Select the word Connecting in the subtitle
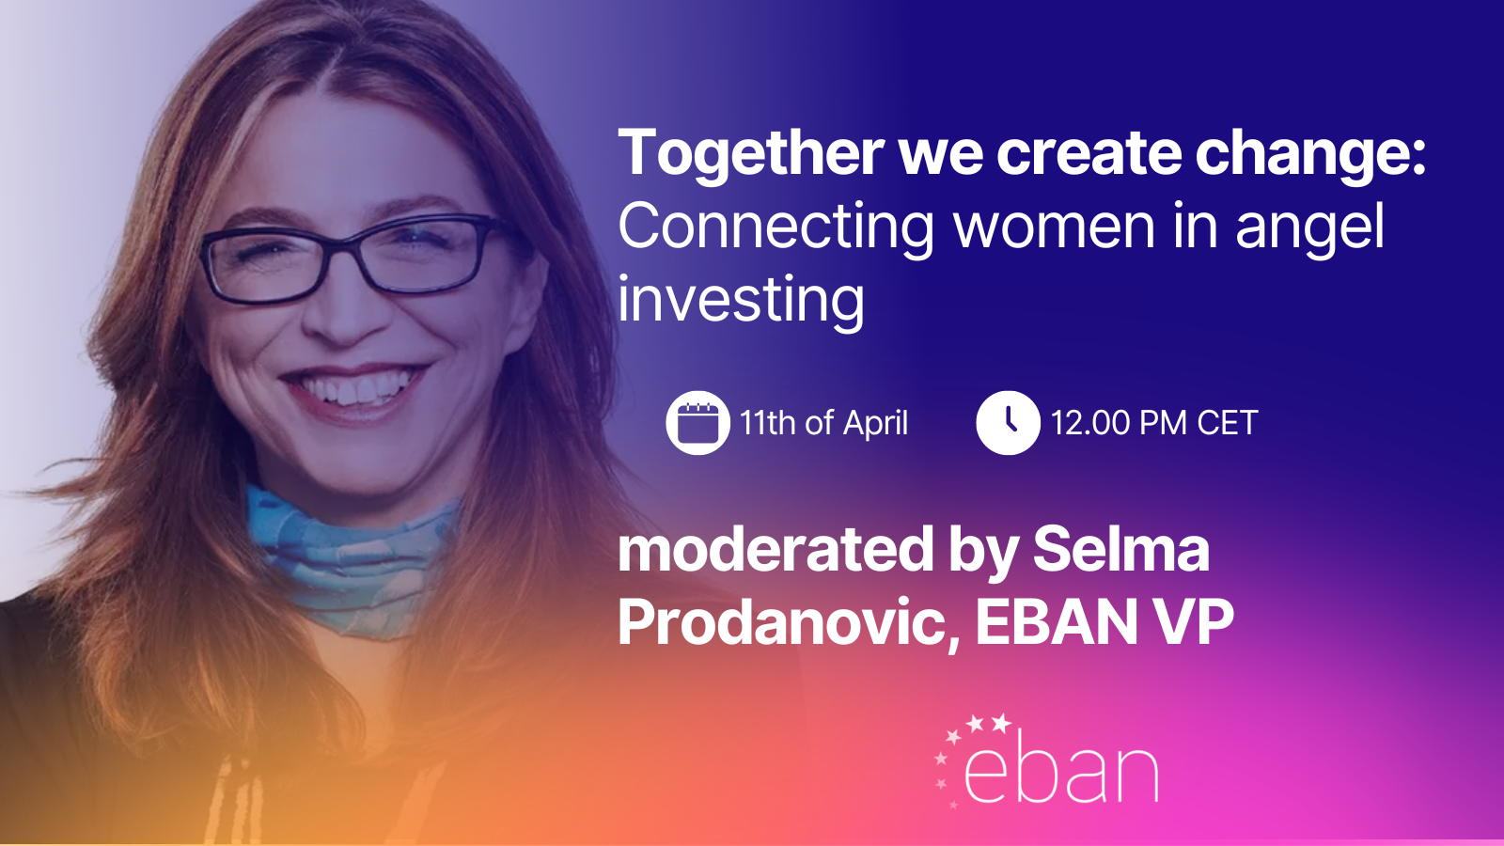(x=775, y=229)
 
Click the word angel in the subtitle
(x=1309, y=229)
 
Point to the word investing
(x=741, y=302)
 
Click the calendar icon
(x=697, y=423)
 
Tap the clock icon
(x=1008, y=423)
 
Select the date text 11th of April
(x=823, y=423)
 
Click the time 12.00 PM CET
(x=1153, y=423)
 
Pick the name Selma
(x=1120, y=549)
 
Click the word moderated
(x=775, y=549)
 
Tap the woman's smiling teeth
(x=354, y=388)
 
